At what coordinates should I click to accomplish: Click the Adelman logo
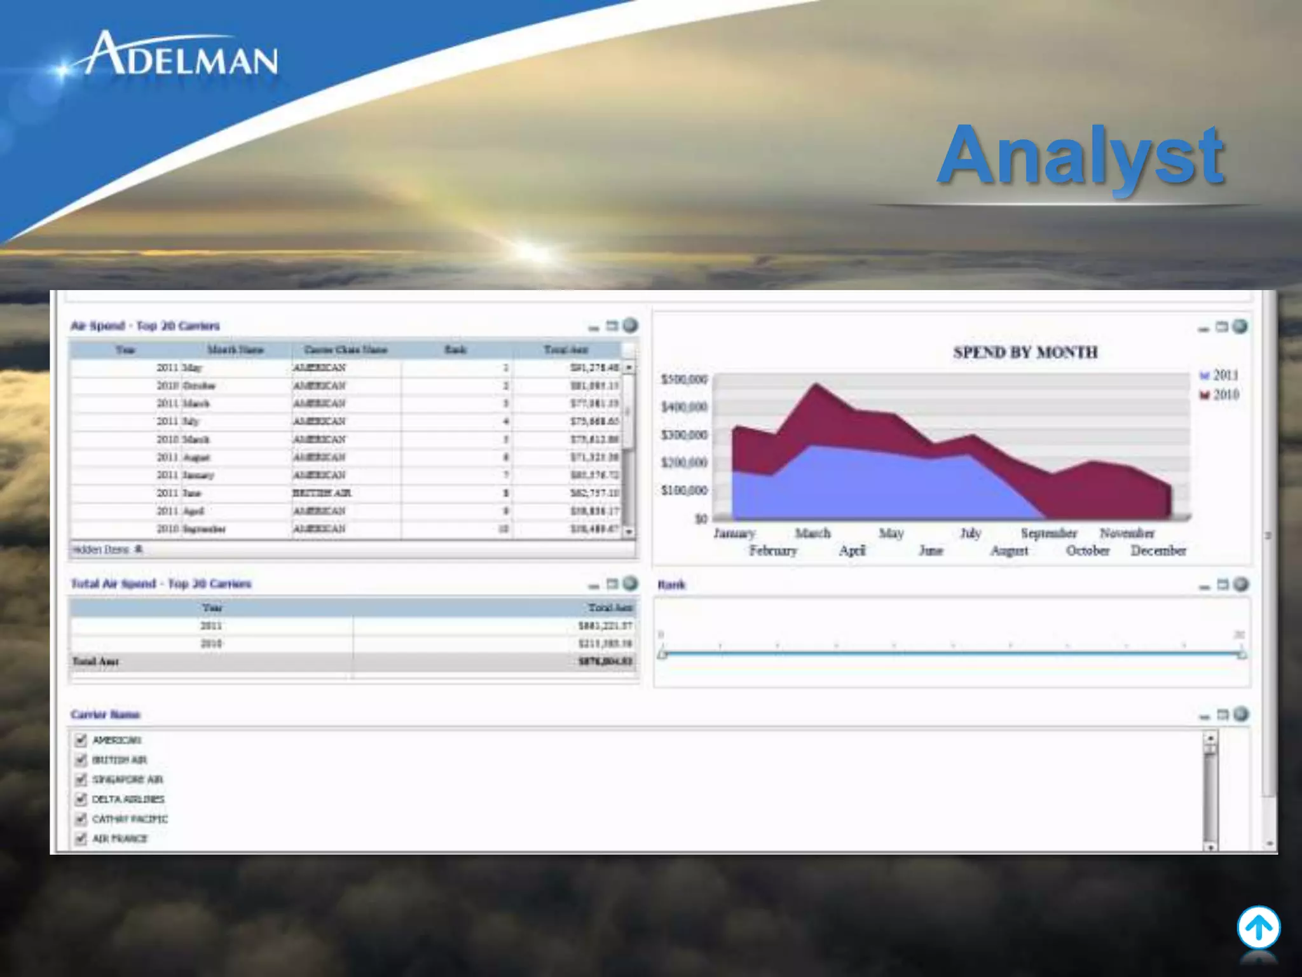click(x=181, y=56)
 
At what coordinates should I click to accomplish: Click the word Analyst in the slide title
click(x=1080, y=155)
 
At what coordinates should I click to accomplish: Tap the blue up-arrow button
click(x=1258, y=928)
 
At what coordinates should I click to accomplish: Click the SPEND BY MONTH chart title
click(x=1025, y=352)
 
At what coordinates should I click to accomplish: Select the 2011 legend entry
click(x=1219, y=375)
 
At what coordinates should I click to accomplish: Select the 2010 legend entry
click(x=1219, y=395)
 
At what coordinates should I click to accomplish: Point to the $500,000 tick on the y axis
click(x=684, y=380)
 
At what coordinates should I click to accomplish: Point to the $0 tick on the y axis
click(x=701, y=518)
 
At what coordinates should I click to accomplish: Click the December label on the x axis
click(x=1158, y=551)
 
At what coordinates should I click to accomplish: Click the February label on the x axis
click(x=772, y=551)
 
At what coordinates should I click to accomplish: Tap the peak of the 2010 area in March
click(x=816, y=385)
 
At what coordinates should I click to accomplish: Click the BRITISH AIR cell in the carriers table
click(x=322, y=493)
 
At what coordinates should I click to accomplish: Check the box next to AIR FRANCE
click(x=81, y=839)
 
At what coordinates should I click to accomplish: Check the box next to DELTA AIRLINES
click(x=81, y=800)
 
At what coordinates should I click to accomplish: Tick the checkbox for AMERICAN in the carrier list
click(x=81, y=740)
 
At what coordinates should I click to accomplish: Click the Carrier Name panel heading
click(x=106, y=714)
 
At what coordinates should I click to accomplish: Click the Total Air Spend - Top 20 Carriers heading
click(x=161, y=584)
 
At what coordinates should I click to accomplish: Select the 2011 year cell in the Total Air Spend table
click(x=211, y=626)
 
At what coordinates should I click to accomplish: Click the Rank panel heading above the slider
click(x=671, y=585)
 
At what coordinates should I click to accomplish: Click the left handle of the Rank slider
click(x=662, y=654)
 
